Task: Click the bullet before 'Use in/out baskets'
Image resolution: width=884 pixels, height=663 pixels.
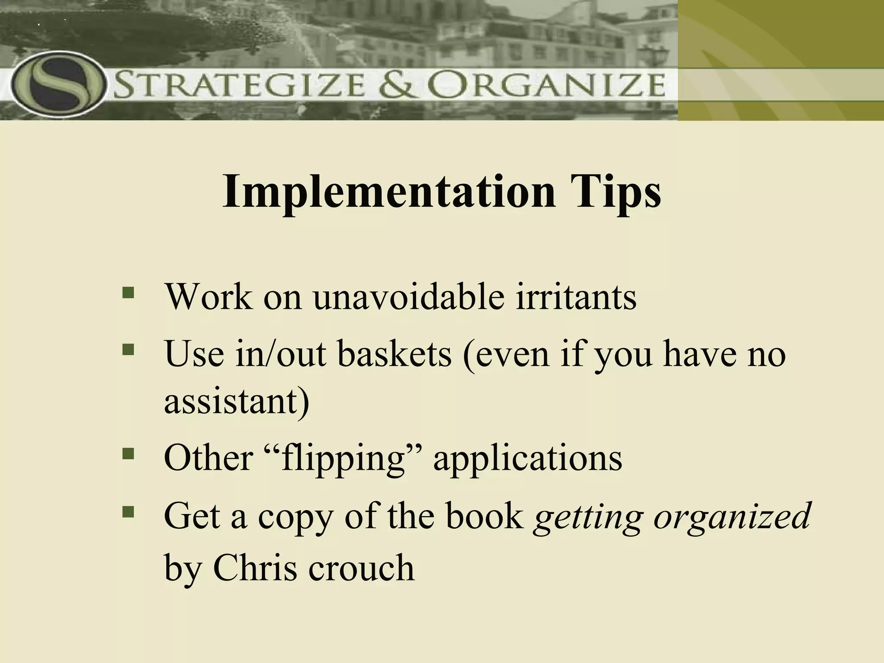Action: (128, 349)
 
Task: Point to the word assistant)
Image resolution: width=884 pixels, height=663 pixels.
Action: (237, 401)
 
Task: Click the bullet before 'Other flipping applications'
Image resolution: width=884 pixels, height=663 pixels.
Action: (128, 453)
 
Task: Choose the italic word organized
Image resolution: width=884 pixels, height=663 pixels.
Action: (731, 517)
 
